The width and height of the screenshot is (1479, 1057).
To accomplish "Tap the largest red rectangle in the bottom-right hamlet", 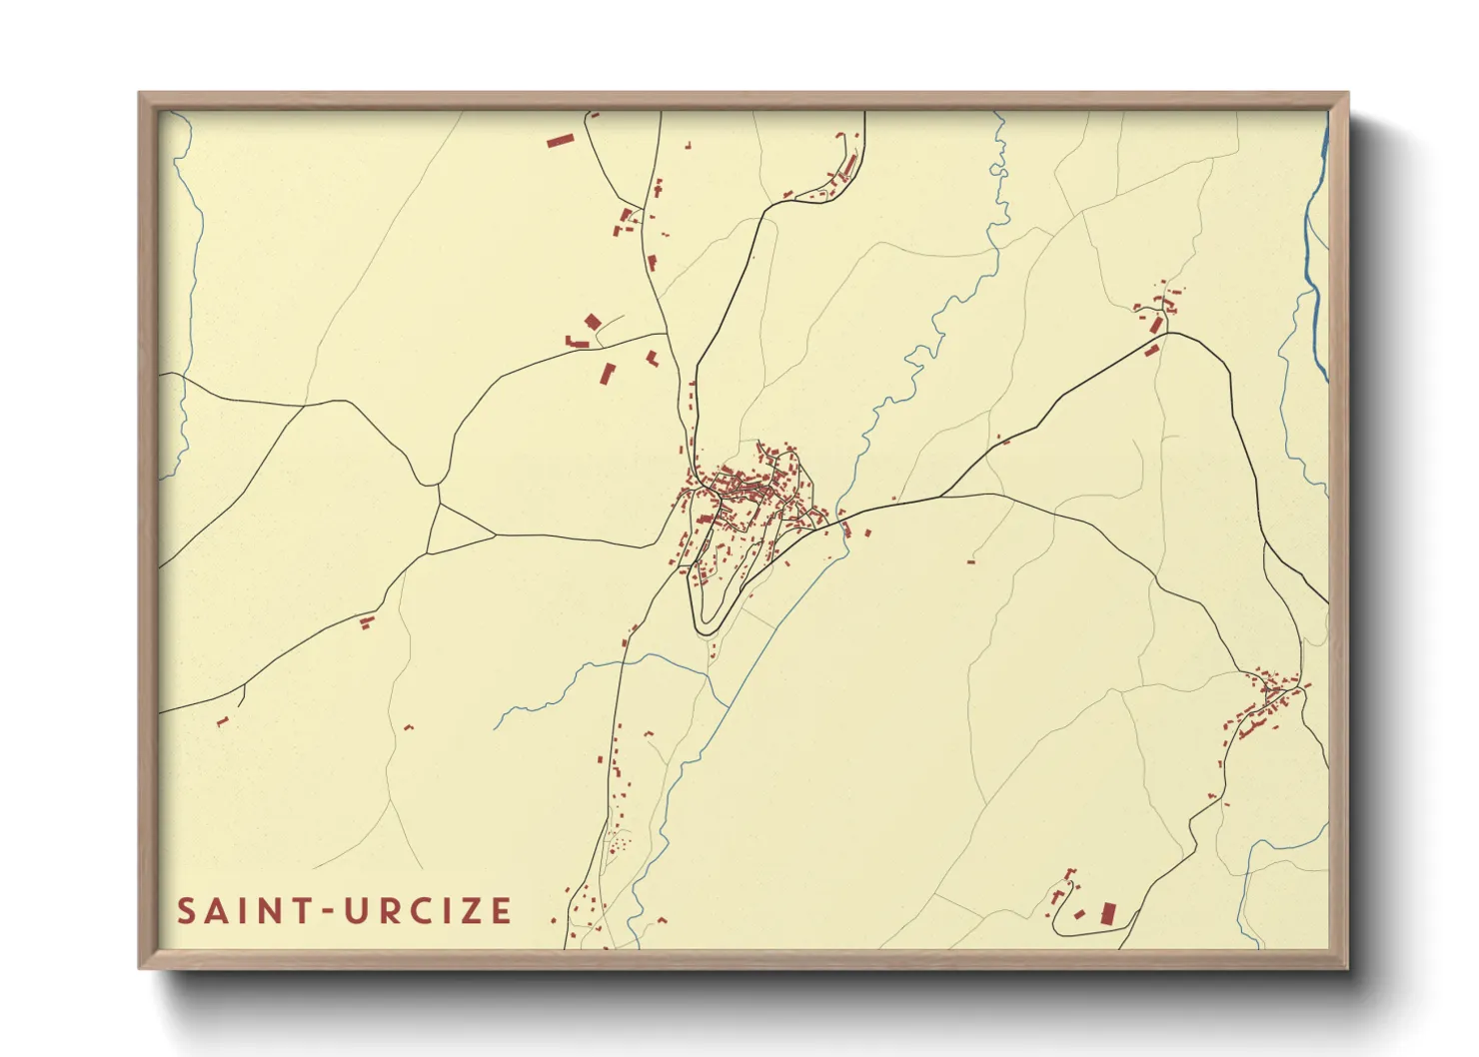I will point(1106,913).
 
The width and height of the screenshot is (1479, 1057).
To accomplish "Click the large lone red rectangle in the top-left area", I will point(561,141).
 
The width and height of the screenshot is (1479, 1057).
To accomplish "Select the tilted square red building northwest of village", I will point(593,322).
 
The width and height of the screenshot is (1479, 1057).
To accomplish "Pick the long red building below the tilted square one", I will point(607,374).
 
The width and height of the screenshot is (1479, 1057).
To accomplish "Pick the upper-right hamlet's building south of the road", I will point(1151,350).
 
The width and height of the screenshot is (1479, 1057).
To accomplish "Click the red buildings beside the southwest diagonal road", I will point(366,622).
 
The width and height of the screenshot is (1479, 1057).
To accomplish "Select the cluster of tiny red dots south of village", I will point(618,844).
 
